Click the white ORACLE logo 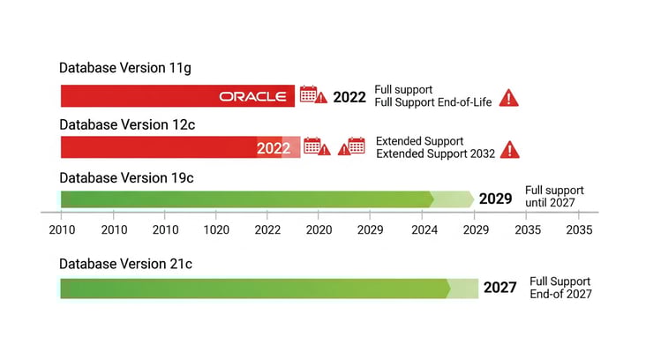pyautogui.click(x=252, y=96)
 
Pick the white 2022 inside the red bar pyautogui.click(x=274, y=148)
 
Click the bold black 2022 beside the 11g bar pyautogui.click(x=349, y=97)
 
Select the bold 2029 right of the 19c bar pyautogui.click(x=495, y=199)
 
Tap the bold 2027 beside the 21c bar pyautogui.click(x=500, y=288)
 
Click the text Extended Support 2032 pyautogui.click(x=434, y=154)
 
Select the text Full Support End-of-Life pyautogui.click(x=432, y=103)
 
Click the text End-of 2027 pyautogui.click(x=560, y=294)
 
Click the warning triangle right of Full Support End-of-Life pyautogui.click(x=509, y=98)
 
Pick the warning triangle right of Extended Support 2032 pyautogui.click(x=509, y=149)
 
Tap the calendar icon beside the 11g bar pyautogui.click(x=308, y=94)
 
